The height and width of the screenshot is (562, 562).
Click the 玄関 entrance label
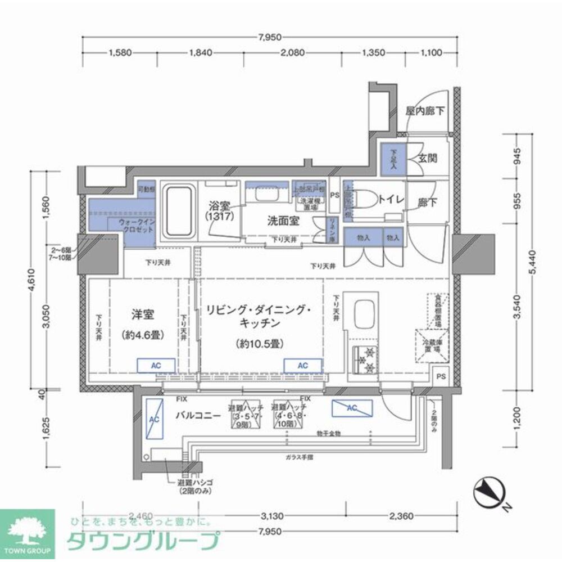point(428,159)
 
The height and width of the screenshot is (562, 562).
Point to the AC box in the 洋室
point(156,366)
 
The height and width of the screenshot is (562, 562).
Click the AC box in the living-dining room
point(302,366)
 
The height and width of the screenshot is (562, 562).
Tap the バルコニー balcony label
point(197,416)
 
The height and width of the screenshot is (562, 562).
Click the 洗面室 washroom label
point(283,221)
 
